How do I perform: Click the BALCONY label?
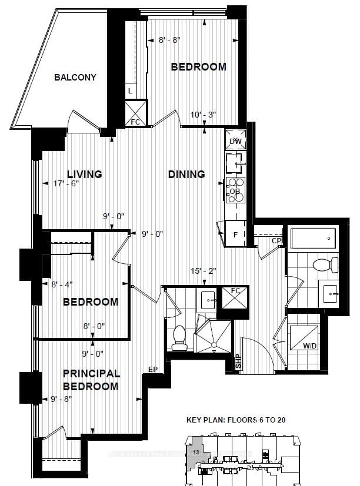[75, 78]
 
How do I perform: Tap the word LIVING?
[84, 174]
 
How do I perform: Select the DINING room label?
[186, 174]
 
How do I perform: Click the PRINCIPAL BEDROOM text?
[91, 380]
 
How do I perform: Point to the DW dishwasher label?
[235, 141]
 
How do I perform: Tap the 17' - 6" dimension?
[65, 183]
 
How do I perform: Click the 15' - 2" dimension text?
[204, 272]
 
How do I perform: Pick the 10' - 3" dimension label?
[203, 115]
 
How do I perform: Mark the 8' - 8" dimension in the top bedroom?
[169, 41]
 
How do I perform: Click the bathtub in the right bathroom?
[312, 238]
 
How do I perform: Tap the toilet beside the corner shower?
[180, 336]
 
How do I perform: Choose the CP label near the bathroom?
[276, 240]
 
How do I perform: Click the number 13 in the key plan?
[195, 452]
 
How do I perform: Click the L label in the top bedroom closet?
[130, 91]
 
